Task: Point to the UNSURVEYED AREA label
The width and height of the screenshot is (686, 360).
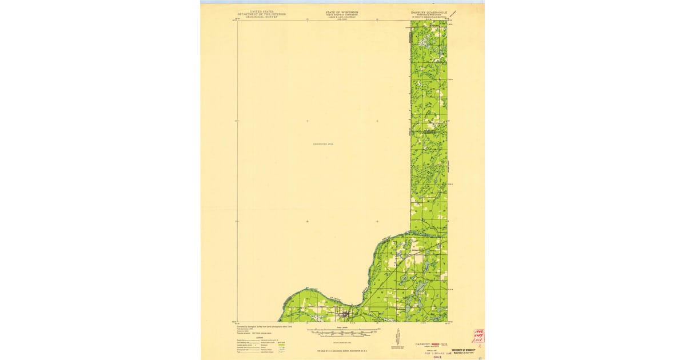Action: (x=322, y=144)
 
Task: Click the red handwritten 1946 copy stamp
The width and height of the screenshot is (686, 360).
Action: (x=478, y=336)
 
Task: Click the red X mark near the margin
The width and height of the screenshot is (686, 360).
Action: (x=486, y=346)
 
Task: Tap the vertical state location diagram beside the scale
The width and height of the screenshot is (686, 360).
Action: (x=398, y=337)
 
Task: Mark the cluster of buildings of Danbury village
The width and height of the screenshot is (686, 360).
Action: (x=345, y=313)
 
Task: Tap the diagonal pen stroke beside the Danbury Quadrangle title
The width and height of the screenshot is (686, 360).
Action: (x=453, y=13)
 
